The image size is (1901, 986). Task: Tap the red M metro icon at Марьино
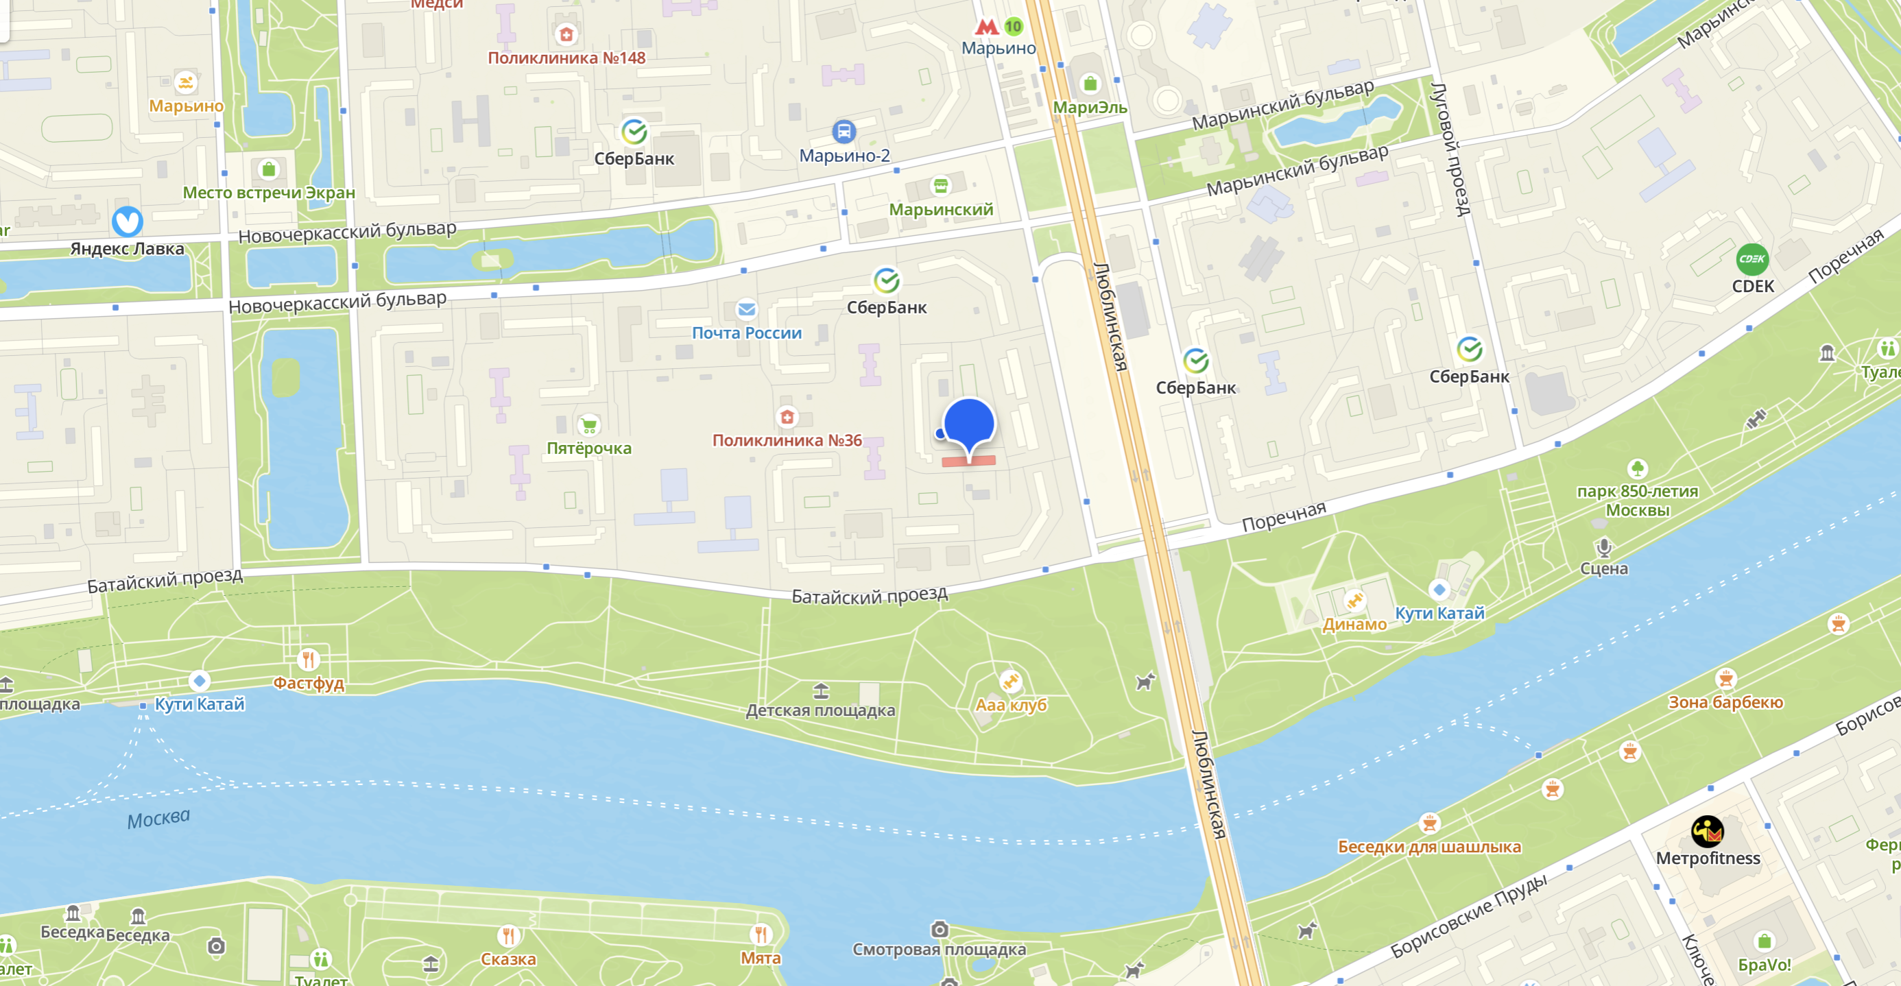(986, 27)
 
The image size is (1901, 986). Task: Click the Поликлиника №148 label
(566, 58)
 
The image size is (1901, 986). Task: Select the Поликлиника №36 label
(787, 441)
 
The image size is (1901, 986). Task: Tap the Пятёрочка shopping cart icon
(589, 425)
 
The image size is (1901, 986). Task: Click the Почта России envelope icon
(746, 309)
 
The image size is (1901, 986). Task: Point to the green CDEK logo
(1752, 259)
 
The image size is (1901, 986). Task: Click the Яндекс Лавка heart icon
(127, 221)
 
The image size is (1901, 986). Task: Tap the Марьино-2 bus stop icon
(844, 132)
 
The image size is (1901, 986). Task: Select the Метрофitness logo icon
(1707, 832)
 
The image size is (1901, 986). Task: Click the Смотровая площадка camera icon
(939, 928)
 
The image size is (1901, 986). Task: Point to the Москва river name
(158, 819)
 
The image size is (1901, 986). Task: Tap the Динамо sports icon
(1354, 601)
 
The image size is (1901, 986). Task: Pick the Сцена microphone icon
(1603, 547)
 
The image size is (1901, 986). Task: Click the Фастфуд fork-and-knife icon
(308, 659)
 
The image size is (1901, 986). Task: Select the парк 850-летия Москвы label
(1637, 501)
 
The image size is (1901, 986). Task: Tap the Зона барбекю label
(1725, 702)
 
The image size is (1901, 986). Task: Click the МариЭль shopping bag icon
(1089, 84)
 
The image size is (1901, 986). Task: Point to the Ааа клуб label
(1010, 705)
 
